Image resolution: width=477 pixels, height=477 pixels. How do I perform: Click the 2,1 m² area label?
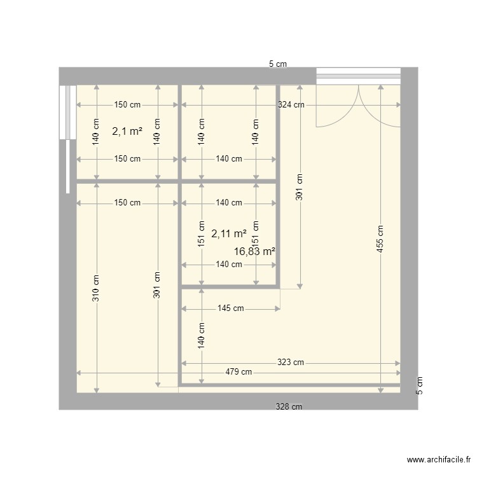click(x=127, y=132)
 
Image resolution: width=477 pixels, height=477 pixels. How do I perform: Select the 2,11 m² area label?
click(x=229, y=233)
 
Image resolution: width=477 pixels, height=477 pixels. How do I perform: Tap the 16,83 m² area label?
click(x=254, y=252)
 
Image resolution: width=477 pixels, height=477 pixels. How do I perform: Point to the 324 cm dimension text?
click(x=291, y=105)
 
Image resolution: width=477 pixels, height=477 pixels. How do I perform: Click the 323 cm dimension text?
click(x=291, y=363)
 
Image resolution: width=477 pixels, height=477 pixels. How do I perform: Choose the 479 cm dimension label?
click(x=238, y=372)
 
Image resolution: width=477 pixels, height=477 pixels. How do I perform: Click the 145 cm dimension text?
click(x=230, y=308)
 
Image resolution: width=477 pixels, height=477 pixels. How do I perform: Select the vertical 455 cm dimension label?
click(x=380, y=240)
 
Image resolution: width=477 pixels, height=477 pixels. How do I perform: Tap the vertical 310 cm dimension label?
click(x=96, y=289)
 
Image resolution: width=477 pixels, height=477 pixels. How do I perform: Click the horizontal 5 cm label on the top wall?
click(x=278, y=64)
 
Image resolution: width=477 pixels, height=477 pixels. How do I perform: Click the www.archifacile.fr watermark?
click(x=438, y=460)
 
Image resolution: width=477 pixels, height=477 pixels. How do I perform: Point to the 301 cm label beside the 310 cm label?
click(x=157, y=285)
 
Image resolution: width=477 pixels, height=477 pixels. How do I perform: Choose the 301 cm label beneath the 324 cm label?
click(x=300, y=188)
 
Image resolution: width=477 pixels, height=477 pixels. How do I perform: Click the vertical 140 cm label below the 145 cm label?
click(x=202, y=336)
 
